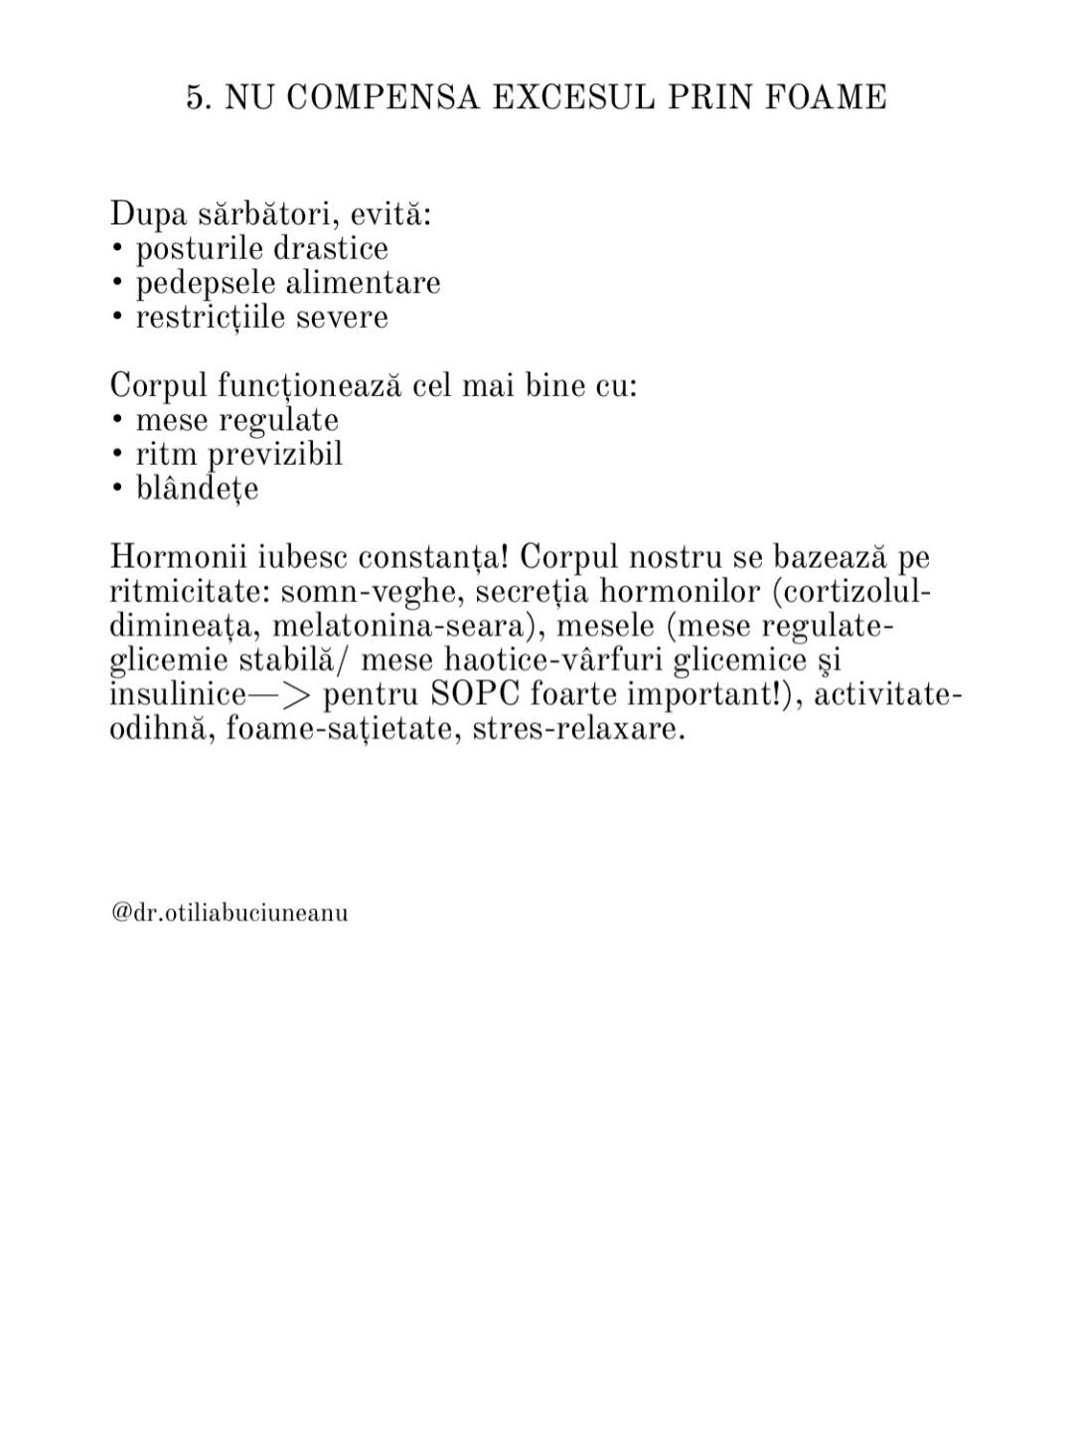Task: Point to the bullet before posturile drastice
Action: (117, 248)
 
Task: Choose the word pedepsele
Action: (206, 283)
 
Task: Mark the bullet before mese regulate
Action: (117, 420)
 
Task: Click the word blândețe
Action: (197, 489)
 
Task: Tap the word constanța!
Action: (440, 557)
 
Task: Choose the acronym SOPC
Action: (476, 695)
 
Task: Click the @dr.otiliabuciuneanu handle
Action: (230, 913)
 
